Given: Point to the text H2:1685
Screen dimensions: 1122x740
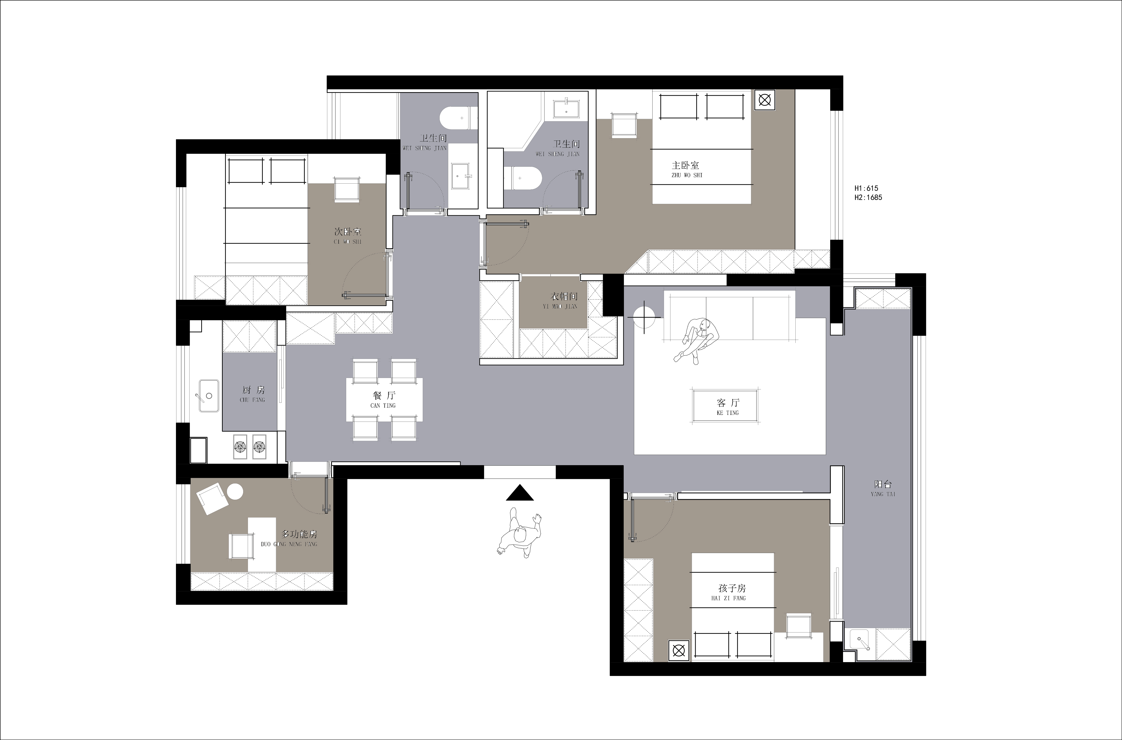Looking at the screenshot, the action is (868, 197).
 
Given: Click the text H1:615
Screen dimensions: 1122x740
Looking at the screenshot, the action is (866, 188).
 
